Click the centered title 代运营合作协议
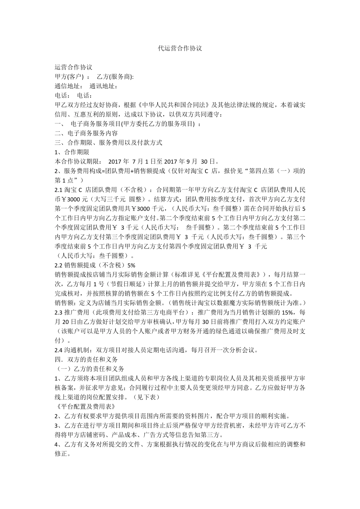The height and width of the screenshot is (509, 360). click(180, 48)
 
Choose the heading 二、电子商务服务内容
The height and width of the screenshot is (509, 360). click(86, 133)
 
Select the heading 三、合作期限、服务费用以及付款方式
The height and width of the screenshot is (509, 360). click(108, 143)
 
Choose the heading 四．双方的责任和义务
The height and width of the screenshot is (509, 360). click(86, 359)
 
